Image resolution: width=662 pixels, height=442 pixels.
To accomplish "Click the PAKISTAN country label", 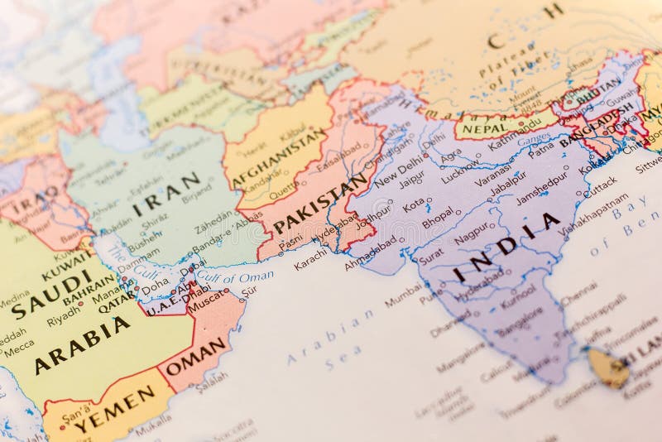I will point(319,204).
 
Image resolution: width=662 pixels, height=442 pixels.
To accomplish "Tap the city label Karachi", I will point(311,258).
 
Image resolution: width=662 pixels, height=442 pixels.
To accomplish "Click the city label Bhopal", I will point(438,221).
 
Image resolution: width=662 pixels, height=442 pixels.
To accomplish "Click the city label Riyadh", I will point(64,320).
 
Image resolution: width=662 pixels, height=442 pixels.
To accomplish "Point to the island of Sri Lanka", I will point(608,367).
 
